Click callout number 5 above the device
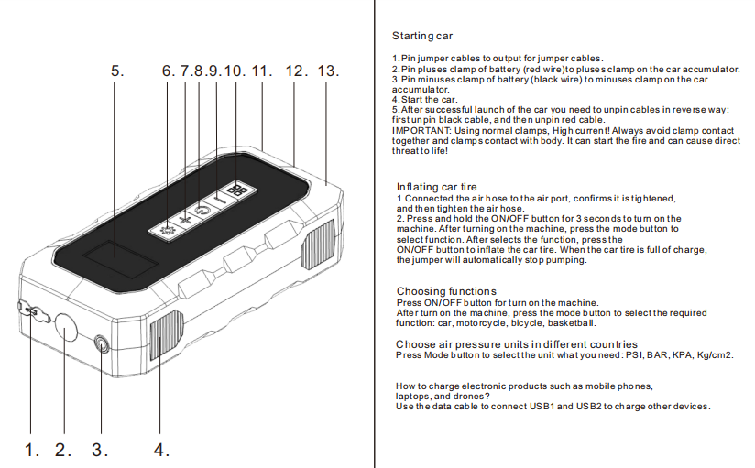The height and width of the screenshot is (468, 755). (x=116, y=71)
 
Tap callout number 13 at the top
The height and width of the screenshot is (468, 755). (x=327, y=71)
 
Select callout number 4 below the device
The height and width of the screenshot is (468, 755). (x=161, y=450)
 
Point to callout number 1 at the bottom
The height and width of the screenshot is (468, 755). (x=32, y=450)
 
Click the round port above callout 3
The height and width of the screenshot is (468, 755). (x=101, y=344)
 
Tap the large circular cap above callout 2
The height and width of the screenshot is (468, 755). (x=67, y=327)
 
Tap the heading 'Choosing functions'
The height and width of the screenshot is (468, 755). (x=446, y=291)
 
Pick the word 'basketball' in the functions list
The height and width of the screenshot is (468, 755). (x=573, y=323)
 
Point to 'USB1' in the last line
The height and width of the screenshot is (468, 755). (x=571, y=407)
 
